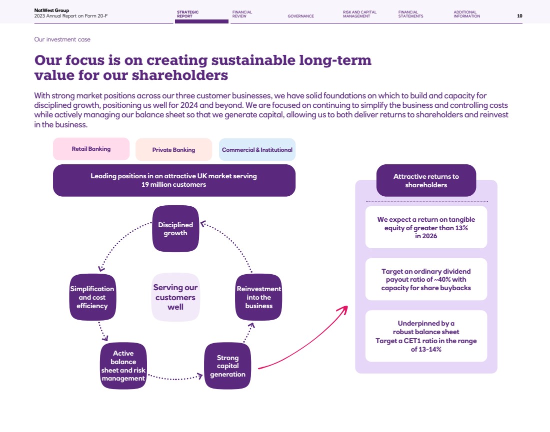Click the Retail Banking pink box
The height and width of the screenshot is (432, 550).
pyautogui.click(x=91, y=149)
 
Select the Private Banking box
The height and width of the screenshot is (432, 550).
pyautogui.click(x=173, y=150)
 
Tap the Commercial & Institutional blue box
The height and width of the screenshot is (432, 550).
pyautogui.click(x=257, y=150)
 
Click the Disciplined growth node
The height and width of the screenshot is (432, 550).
pyautogui.click(x=175, y=229)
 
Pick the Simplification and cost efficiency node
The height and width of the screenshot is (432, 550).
pyautogui.click(x=92, y=297)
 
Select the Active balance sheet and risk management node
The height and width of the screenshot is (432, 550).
pyautogui.click(x=123, y=366)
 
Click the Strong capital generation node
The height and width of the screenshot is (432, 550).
pyautogui.click(x=227, y=366)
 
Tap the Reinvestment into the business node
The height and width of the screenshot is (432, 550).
pyautogui.click(x=258, y=297)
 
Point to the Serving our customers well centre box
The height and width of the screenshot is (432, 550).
pyautogui.click(x=175, y=297)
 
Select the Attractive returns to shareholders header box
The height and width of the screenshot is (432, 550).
pyautogui.click(x=426, y=180)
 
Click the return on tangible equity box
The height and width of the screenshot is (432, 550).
pyautogui.click(x=426, y=227)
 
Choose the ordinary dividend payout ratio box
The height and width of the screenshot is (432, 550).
pyautogui.click(x=426, y=279)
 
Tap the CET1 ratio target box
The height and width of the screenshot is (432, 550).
pyautogui.click(x=426, y=336)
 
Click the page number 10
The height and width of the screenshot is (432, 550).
pyautogui.click(x=519, y=16)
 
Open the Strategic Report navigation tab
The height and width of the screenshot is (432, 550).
pyautogui.click(x=188, y=14)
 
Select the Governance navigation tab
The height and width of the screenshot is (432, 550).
pyautogui.click(x=300, y=16)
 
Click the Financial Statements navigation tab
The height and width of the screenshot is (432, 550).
pyautogui.click(x=410, y=14)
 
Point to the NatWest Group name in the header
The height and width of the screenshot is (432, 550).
pyautogui.click(x=51, y=10)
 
